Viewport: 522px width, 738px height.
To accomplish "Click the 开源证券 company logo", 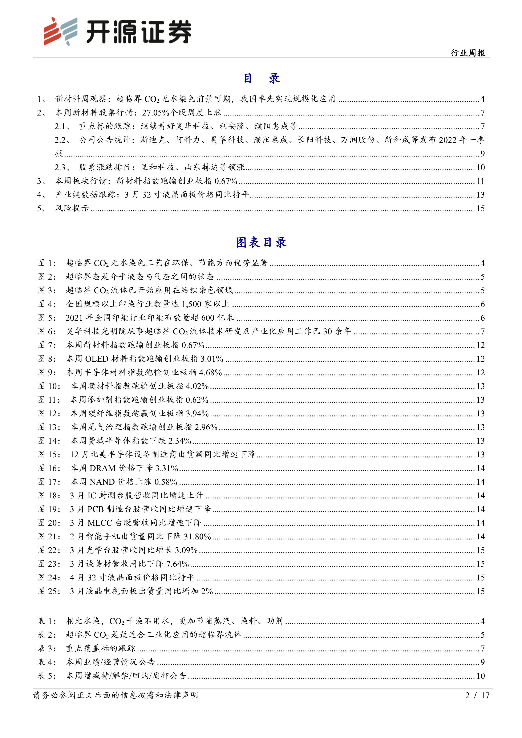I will pyautogui.click(x=118, y=32).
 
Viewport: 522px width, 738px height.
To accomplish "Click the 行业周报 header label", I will pyautogui.click(x=468, y=53).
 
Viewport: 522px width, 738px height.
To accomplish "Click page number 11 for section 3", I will pyautogui.click(x=480, y=181).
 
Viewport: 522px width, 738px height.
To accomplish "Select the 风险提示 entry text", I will pyautogui.click(x=72, y=208).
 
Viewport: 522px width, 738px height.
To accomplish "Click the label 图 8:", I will pyautogui.click(x=47, y=359).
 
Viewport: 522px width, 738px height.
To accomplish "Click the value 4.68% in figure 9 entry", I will pyautogui.click(x=211, y=373).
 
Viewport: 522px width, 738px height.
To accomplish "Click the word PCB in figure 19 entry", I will pyautogui.click(x=96, y=509).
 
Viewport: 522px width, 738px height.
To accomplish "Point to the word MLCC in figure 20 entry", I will pyautogui.click(x=100, y=523).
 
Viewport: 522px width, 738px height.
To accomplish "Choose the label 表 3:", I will pyautogui.click(x=47, y=648).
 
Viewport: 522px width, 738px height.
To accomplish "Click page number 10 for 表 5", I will pyautogui.click(x=480, y=676).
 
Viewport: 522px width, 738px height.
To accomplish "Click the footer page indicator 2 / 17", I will pyautogui.click(x=477, y=695).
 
